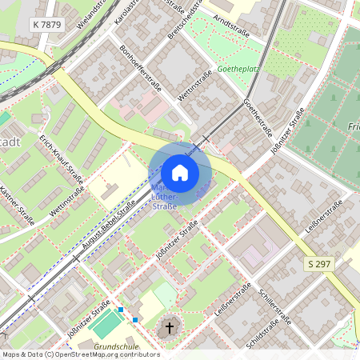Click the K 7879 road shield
(x=47, y=25)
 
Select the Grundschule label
(x=116, y=347)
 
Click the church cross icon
(x=169, y=327)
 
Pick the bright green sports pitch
(x=106, y=324)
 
